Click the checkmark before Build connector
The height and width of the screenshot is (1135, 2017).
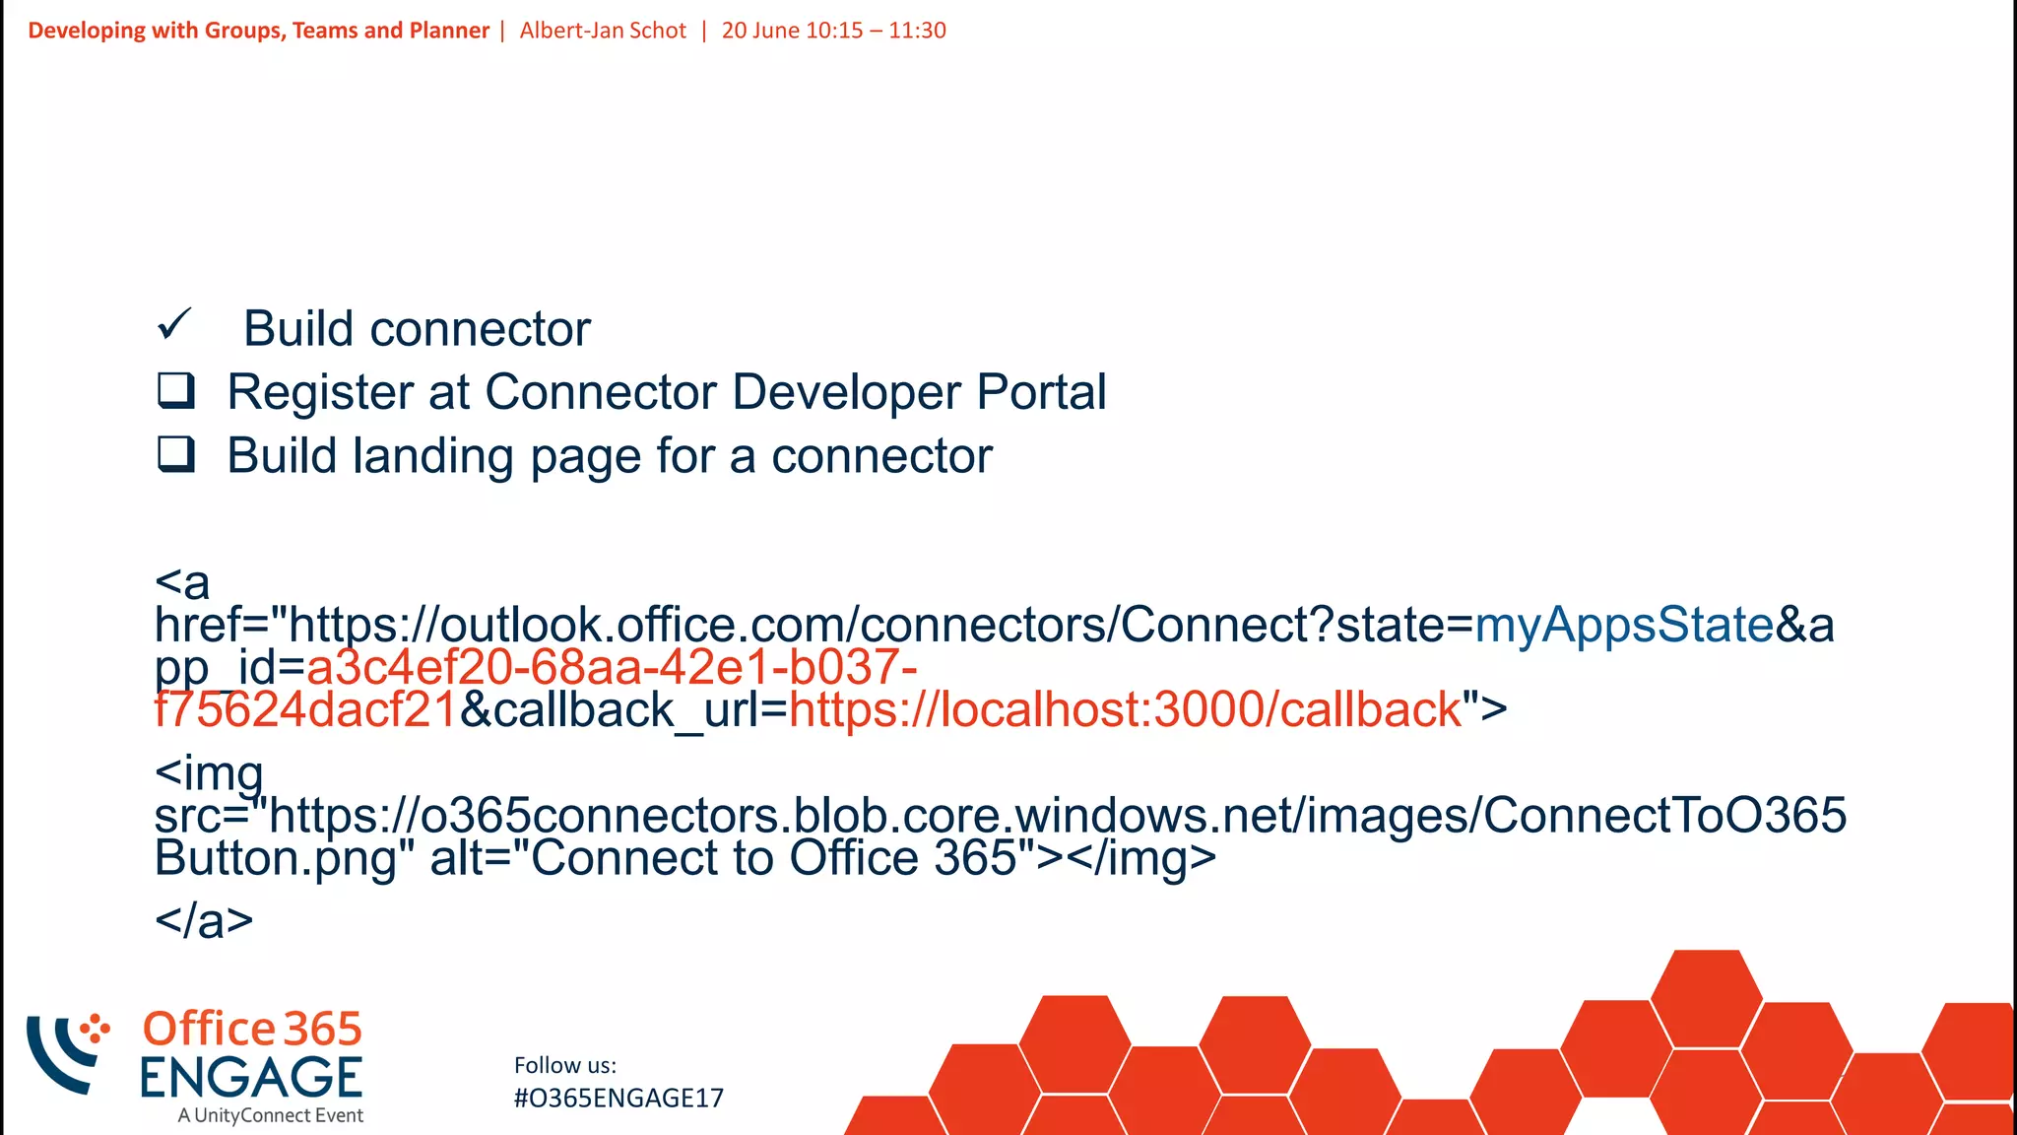point(174,324)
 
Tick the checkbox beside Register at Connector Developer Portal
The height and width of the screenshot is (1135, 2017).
point(176,390)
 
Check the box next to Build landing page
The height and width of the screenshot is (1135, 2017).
point(176,454)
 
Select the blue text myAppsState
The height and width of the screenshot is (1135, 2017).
point(1624,625)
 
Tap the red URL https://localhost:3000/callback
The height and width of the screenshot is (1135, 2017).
point(1125,710)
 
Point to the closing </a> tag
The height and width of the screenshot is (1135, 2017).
point(204,920)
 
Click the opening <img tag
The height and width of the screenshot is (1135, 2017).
point(209,773)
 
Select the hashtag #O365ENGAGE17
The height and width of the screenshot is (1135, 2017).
point(618,1099)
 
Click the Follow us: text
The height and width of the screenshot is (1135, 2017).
point(565,1065)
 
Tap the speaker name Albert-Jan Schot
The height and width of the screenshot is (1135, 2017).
point(603,31)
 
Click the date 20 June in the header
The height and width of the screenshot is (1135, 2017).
point(758,31)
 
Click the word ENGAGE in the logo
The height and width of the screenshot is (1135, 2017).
point(251,1077)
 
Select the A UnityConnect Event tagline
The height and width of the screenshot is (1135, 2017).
point(271,1115)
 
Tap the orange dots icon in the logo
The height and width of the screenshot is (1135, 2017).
point(95,1029)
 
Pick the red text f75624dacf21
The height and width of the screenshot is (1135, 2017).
point(306,710)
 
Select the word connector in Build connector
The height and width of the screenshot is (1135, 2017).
point(480,329)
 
